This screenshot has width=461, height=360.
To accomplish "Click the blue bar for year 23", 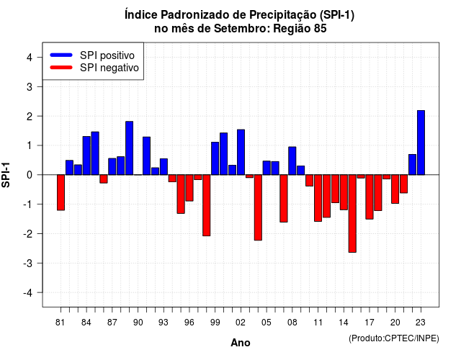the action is click(421, 143).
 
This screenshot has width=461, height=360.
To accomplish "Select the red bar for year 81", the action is click(61, 192).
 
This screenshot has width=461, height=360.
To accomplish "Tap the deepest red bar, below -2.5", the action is click(352, 213).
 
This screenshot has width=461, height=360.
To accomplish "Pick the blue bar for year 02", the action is click(241, 152).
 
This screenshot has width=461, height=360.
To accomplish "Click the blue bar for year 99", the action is click(215, 158).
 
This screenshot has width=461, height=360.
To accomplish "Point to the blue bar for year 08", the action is click(292, 161).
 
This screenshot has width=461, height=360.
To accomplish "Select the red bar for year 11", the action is click(318, 198).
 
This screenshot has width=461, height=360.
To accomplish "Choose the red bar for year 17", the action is click(370, 197).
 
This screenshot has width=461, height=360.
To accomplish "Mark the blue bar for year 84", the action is click(86, 156).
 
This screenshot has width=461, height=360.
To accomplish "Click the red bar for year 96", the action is click(189, 188).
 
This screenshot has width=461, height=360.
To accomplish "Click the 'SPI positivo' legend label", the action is click(107, 55).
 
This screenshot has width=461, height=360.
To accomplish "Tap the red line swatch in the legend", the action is click(61, 68).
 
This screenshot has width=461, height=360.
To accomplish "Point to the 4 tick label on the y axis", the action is click(30, 58).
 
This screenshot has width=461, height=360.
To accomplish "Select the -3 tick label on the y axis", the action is click(28, 263).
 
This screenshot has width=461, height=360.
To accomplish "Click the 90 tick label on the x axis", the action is click(138, 323).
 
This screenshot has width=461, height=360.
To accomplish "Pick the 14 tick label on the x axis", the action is click(344, 323).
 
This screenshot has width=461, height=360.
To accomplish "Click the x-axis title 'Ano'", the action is click(241, 343).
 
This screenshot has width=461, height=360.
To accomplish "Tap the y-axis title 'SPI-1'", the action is click(6, 175).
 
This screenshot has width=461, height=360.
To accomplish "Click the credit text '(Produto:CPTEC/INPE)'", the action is click(394, 338).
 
